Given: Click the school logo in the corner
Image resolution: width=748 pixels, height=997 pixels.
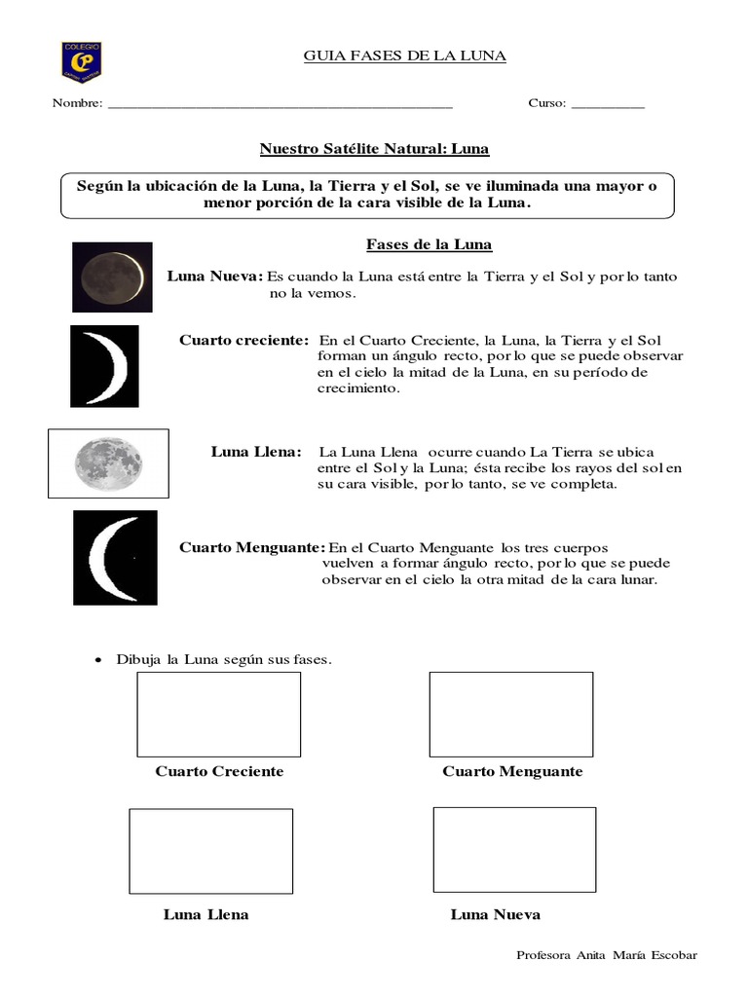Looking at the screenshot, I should pos(81,60).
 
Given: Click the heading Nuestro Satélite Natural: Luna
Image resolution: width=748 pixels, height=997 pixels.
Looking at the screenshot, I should pos(374,149).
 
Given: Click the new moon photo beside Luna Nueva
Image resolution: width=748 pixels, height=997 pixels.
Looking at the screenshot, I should pos(112,277).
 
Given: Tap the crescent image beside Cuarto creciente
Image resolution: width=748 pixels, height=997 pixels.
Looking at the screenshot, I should pos(104,366).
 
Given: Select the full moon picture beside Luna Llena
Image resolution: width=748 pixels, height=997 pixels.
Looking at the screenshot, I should pos(108,463).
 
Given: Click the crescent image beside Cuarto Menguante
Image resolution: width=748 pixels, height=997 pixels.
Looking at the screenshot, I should pos(115,558).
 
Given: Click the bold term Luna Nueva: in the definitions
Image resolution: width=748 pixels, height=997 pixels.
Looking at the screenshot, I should pos(215,277).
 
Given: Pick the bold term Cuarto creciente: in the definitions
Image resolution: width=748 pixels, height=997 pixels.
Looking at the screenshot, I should pos(244,339).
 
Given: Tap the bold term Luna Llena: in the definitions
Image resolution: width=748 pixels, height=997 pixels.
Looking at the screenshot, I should pos(257,452).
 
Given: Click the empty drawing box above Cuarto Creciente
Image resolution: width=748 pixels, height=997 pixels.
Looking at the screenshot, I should pos(218,714).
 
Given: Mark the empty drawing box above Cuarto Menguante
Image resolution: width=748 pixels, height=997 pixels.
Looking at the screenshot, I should pos(510,714).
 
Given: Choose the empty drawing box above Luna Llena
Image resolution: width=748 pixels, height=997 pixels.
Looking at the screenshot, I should pos(210,850).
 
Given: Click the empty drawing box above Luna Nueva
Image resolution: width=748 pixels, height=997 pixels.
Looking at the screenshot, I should pos(514,849).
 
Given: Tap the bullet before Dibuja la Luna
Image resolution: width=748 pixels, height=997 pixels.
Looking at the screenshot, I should pos(97,660).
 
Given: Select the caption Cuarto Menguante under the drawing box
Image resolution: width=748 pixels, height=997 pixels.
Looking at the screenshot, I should pos(512,771).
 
